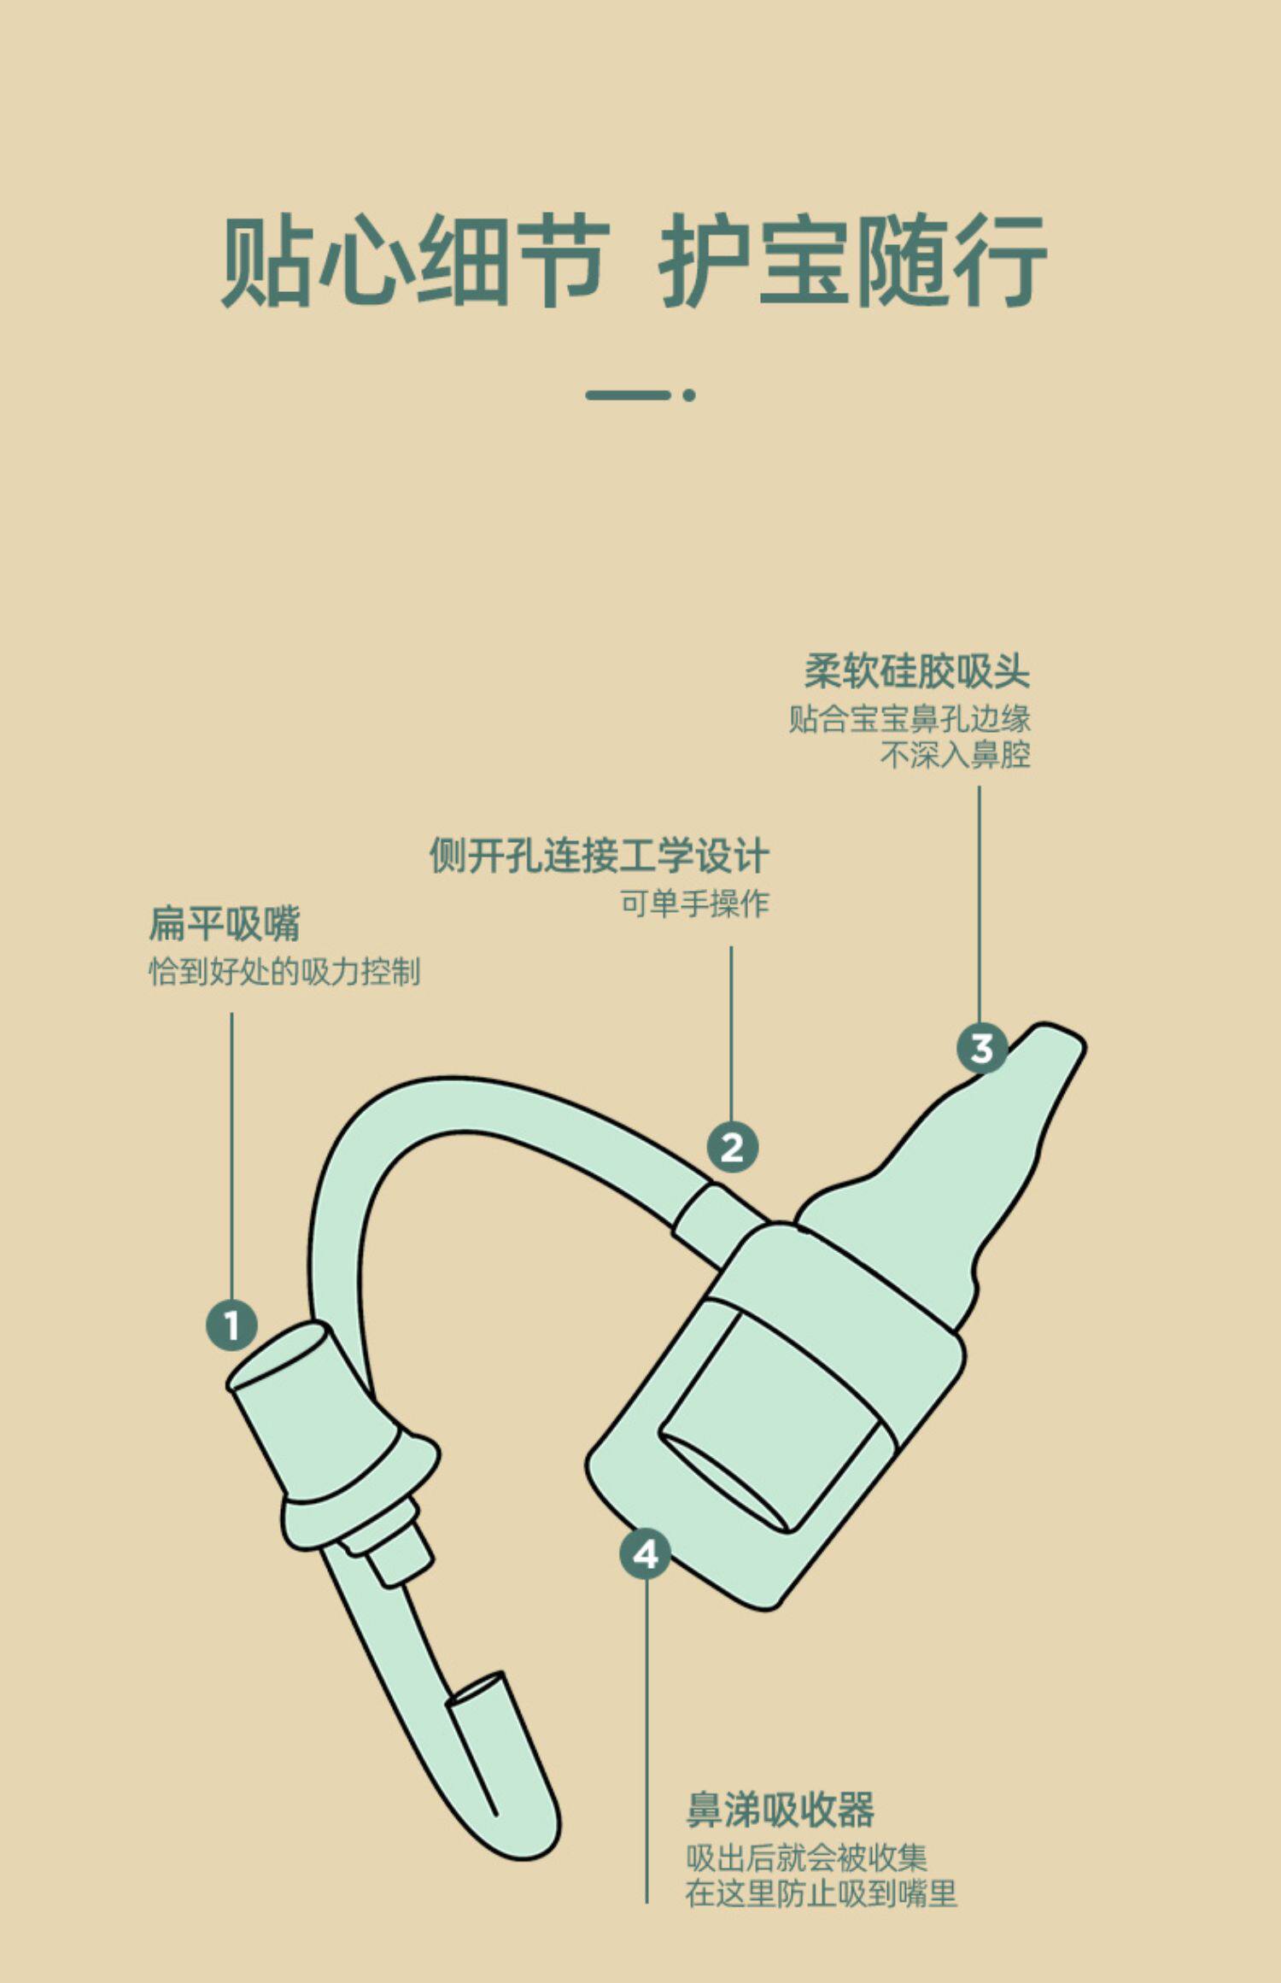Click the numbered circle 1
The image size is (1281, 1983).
pyautogui.click(x=231, y=1325)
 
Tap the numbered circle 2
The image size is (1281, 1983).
pyautogui.click(x=732, y=1147)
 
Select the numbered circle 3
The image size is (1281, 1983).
pyautogui.click(x=981, y=1048)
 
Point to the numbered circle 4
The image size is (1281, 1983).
pyautogui.click(x=646, y=1554)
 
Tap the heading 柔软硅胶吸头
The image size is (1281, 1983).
pyautogui.click(x=917, y=671)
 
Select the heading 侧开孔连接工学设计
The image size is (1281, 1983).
pyautogui.click(x=599, y=856)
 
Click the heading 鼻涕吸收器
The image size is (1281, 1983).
pyautogui.click(x=781, y=1809)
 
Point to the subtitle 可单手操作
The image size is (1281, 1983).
pyautogui.click(x=694, y=903)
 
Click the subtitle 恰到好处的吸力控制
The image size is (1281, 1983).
pyautogui.click(x=284, y=971)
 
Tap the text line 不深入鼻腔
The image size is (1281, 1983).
pyautogui.click(x=955, y=755)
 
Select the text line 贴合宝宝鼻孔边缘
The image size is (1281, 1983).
pyautogui.click(x=910, y=719)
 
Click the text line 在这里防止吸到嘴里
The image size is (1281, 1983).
pyautogui.click(x=821, y=1893)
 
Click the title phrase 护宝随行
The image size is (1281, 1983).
pyautogui.click(x=852, y=261)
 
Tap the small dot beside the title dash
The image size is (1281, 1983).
pyautogui.click(x=689, y=395)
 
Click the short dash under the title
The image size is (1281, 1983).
pyautogui.click(x=628, y=395)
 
